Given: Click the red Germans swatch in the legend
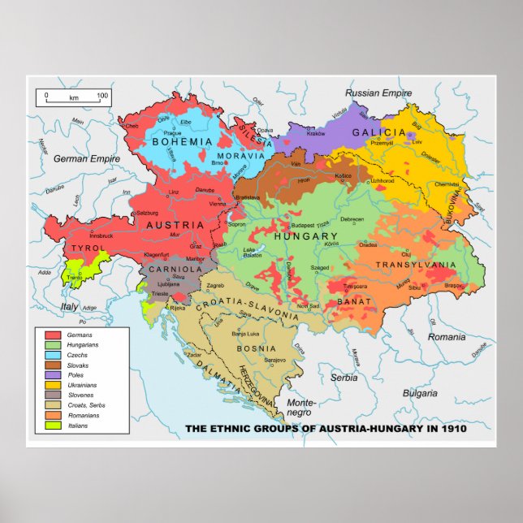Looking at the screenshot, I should [x=53, y=335].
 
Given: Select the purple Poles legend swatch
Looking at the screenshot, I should [x=53, y=375].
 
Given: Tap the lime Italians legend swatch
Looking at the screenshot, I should [x=53, y=425].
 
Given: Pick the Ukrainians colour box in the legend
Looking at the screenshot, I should [x=53, y=385].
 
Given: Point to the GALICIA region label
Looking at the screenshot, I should [x=378, y=132].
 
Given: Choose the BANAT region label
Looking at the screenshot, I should [x=353, y=301].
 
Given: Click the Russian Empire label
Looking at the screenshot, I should [x=378, y=93].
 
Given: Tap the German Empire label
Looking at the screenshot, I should [x=81, y=159].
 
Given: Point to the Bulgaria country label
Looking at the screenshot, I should [x=420, y=393].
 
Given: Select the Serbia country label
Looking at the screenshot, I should [x=344, y=378].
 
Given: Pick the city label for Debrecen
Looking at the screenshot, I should [x=352, y=219].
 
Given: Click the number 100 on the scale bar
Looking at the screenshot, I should [x=102, y=96].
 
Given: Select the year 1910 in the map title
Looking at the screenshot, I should [x=451, y=429].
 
